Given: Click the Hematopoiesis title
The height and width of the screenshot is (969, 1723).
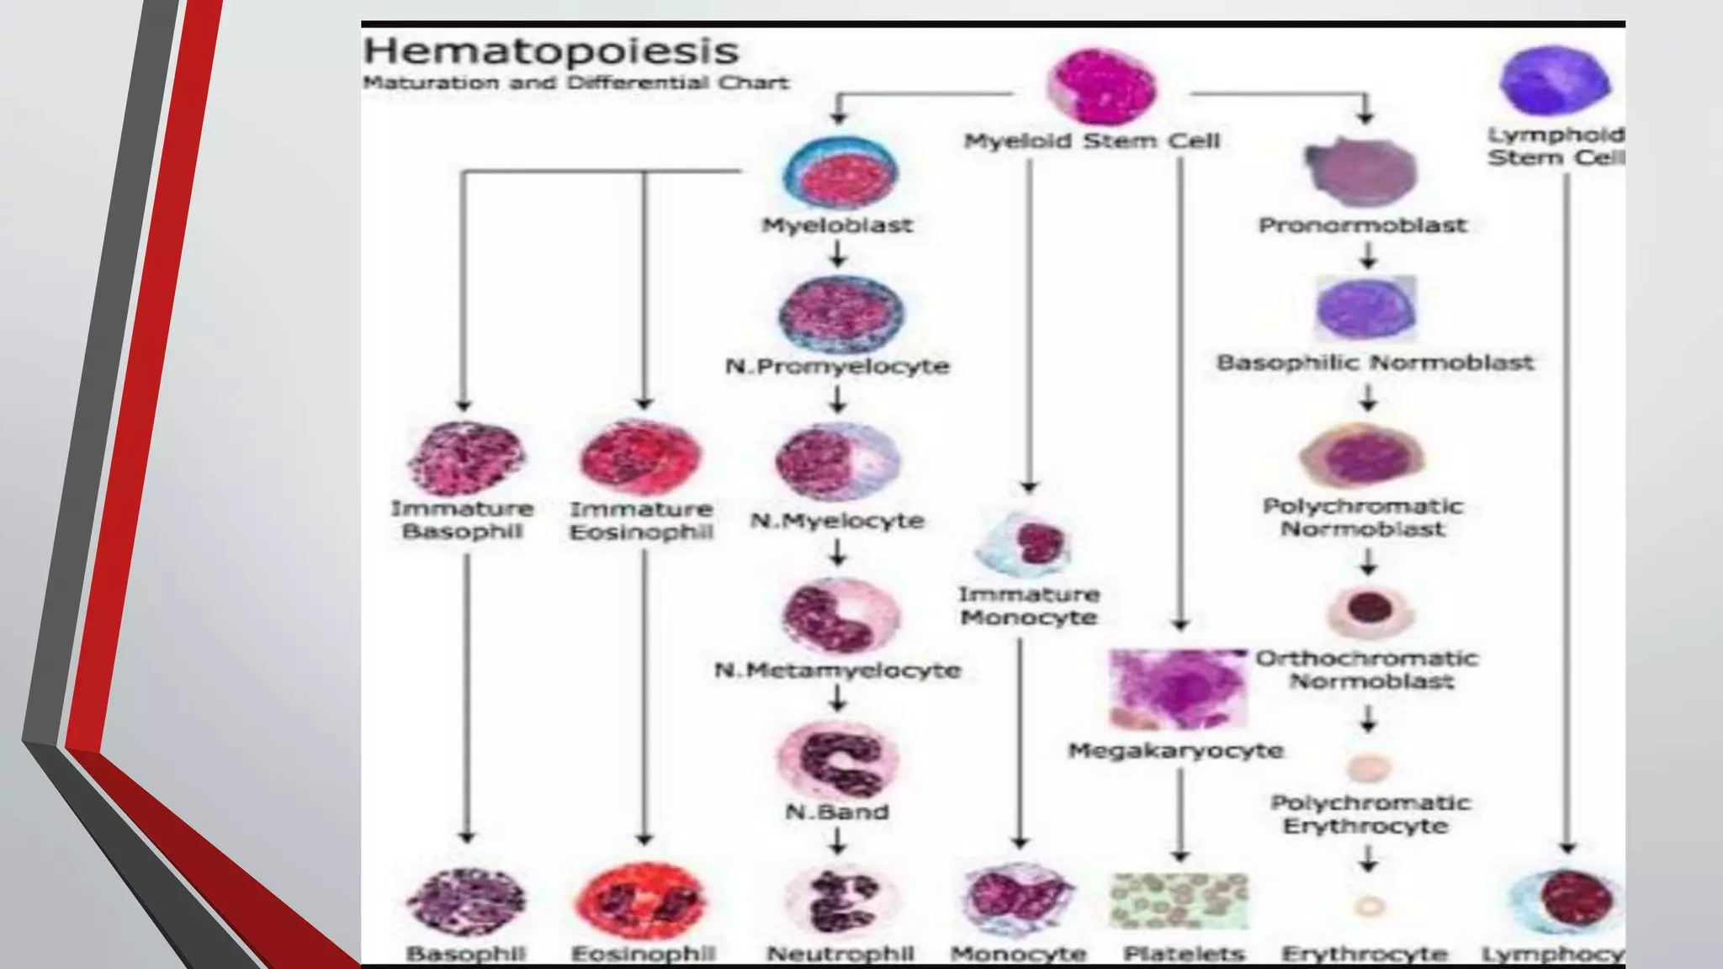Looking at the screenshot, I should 551,51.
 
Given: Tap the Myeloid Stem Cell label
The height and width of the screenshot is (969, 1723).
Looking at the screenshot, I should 1091,141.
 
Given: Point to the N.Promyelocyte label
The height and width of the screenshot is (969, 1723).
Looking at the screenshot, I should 837,367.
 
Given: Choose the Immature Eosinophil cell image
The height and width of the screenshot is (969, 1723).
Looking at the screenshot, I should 640,458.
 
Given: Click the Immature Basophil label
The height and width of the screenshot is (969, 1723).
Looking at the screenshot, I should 462,520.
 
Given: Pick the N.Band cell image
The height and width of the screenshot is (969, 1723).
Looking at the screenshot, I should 838,760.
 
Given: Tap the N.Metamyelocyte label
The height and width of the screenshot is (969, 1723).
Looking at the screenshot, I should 837,670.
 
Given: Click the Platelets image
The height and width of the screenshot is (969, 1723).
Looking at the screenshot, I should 1179,901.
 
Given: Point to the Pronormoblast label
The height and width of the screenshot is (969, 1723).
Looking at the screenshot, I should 1362,225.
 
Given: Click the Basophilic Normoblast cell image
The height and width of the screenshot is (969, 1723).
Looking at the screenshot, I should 1365,309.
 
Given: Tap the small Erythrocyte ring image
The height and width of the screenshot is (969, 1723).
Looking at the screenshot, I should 1370,907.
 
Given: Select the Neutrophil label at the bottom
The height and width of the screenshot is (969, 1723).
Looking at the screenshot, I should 840,954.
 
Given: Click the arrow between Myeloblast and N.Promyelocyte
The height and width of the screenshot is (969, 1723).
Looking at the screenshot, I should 837,253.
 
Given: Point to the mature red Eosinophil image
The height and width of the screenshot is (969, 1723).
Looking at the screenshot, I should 641,902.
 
